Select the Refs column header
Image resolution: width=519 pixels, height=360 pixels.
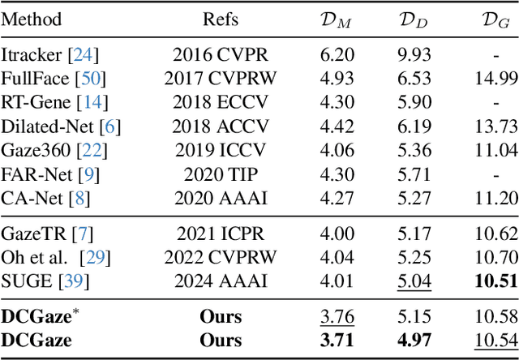click(221, 19)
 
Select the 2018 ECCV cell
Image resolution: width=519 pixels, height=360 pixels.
click(221, 104)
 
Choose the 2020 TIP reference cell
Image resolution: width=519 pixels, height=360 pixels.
click(221, 176)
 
